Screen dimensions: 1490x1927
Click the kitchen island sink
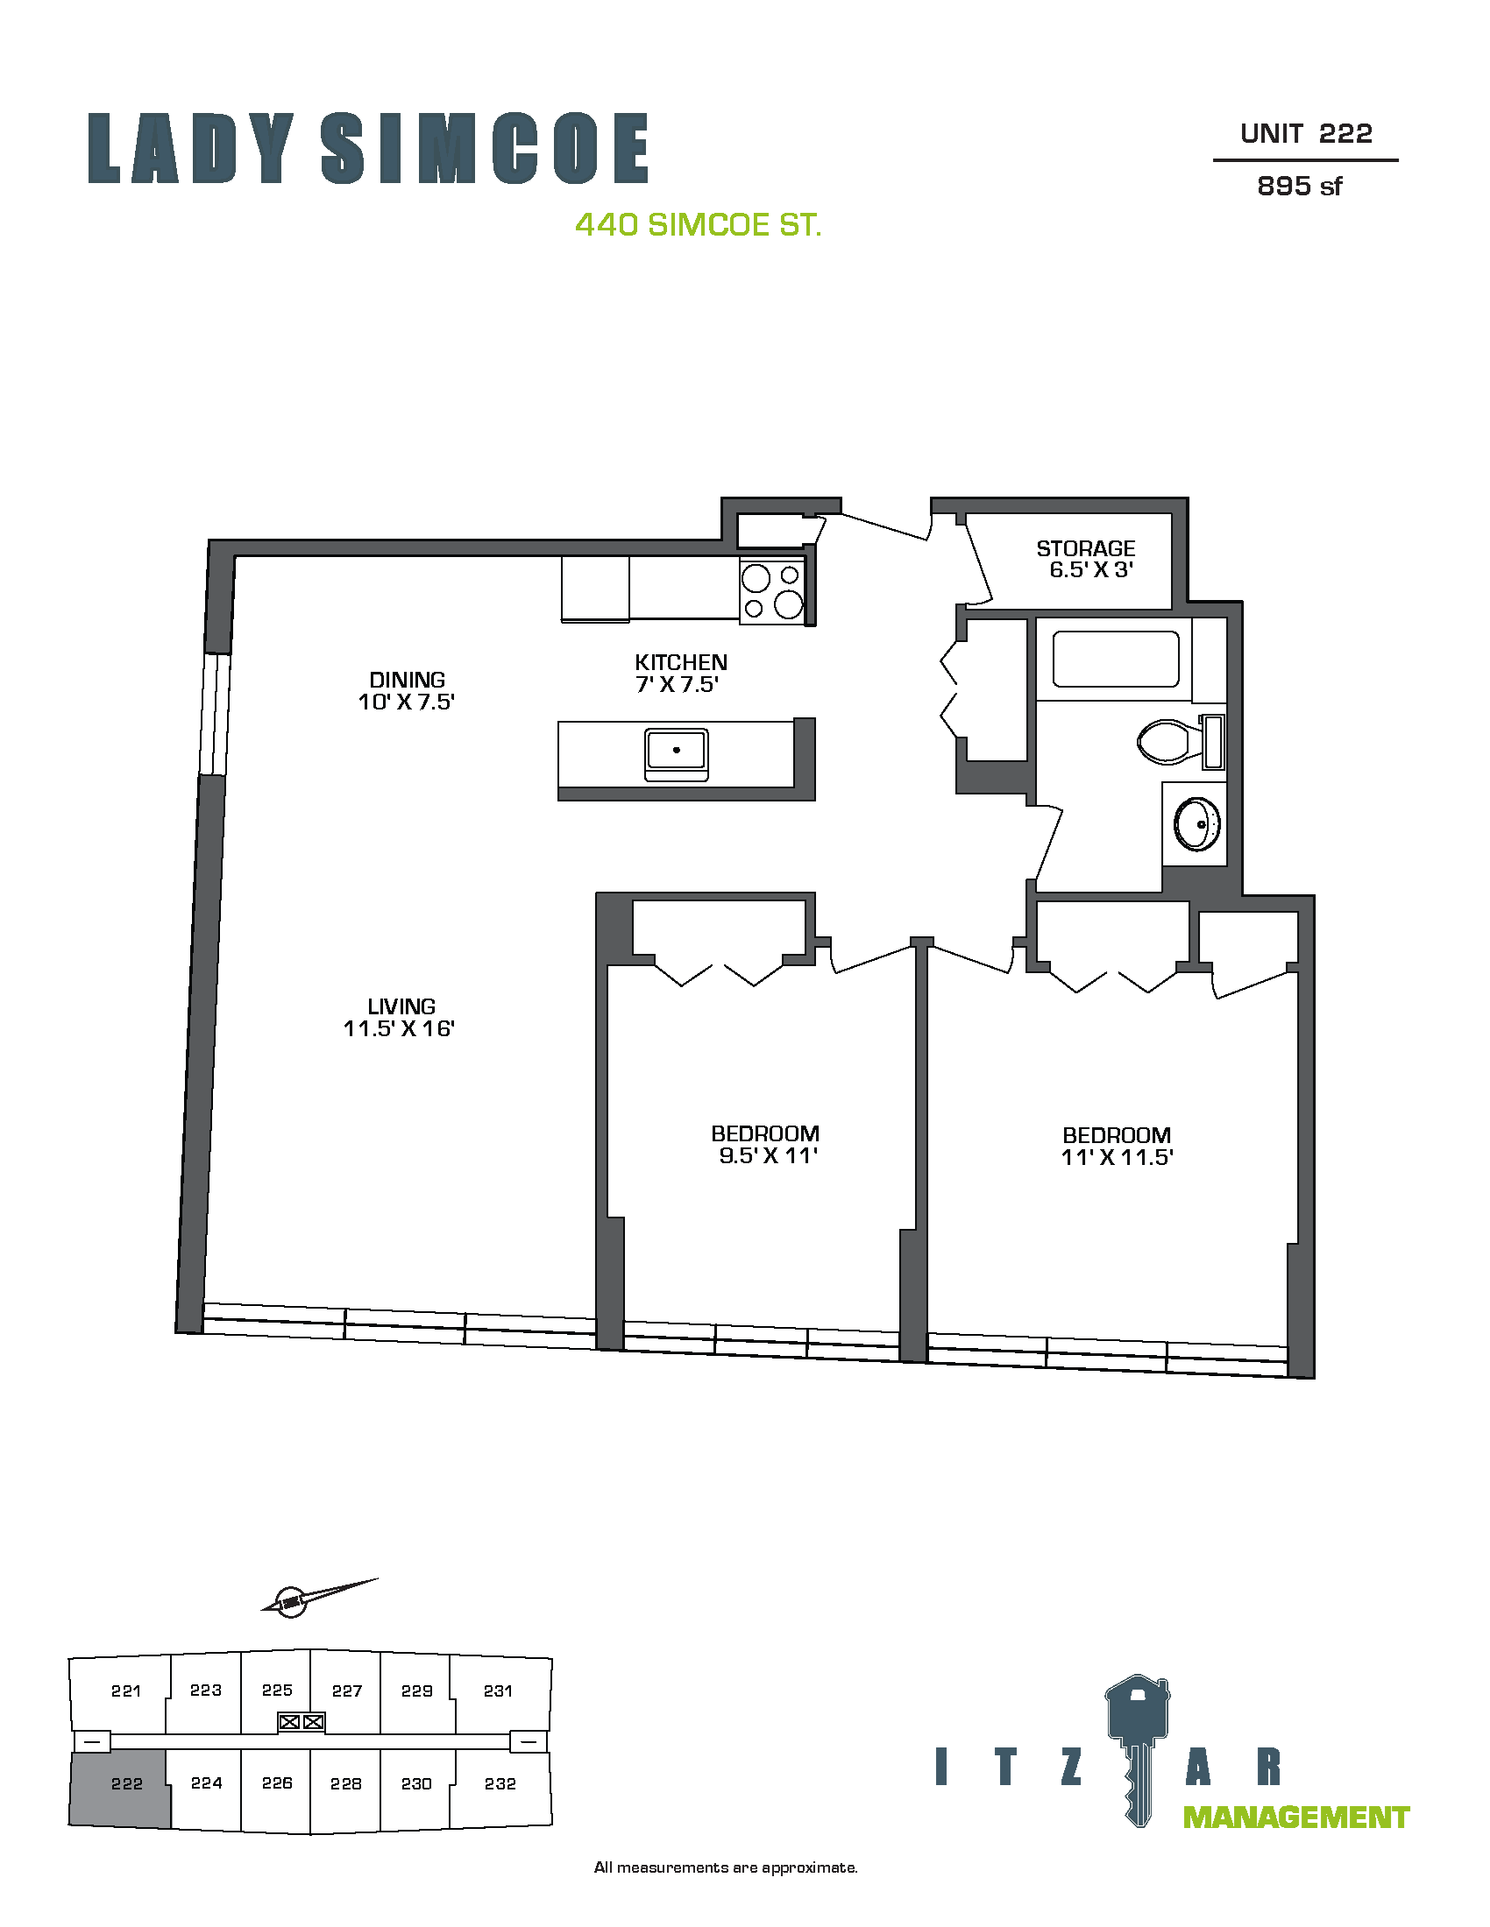coord(676,754)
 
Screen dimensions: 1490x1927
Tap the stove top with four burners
coord(772,592)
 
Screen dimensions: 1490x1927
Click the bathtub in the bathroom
coord(1116,659)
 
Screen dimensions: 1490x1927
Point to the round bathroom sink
coord(1197,823)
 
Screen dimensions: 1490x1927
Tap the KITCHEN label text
coord(680,663)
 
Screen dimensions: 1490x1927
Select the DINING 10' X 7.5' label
coord(406,691)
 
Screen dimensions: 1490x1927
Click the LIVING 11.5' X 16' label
coord(400,1017)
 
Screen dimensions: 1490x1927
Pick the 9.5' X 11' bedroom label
coord(765,1145)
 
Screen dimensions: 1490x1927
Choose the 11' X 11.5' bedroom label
coord(1117,1147)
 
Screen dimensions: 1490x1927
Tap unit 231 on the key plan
coord(498,1691)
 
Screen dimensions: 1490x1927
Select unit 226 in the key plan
coord(276,1783)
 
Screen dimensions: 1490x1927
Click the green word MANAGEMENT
coord(1295,1818)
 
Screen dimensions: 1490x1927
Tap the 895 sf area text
coord(1299,187)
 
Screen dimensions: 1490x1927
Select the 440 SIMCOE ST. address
coord(699,225)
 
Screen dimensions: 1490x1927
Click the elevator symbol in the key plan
coord(302,1721)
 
